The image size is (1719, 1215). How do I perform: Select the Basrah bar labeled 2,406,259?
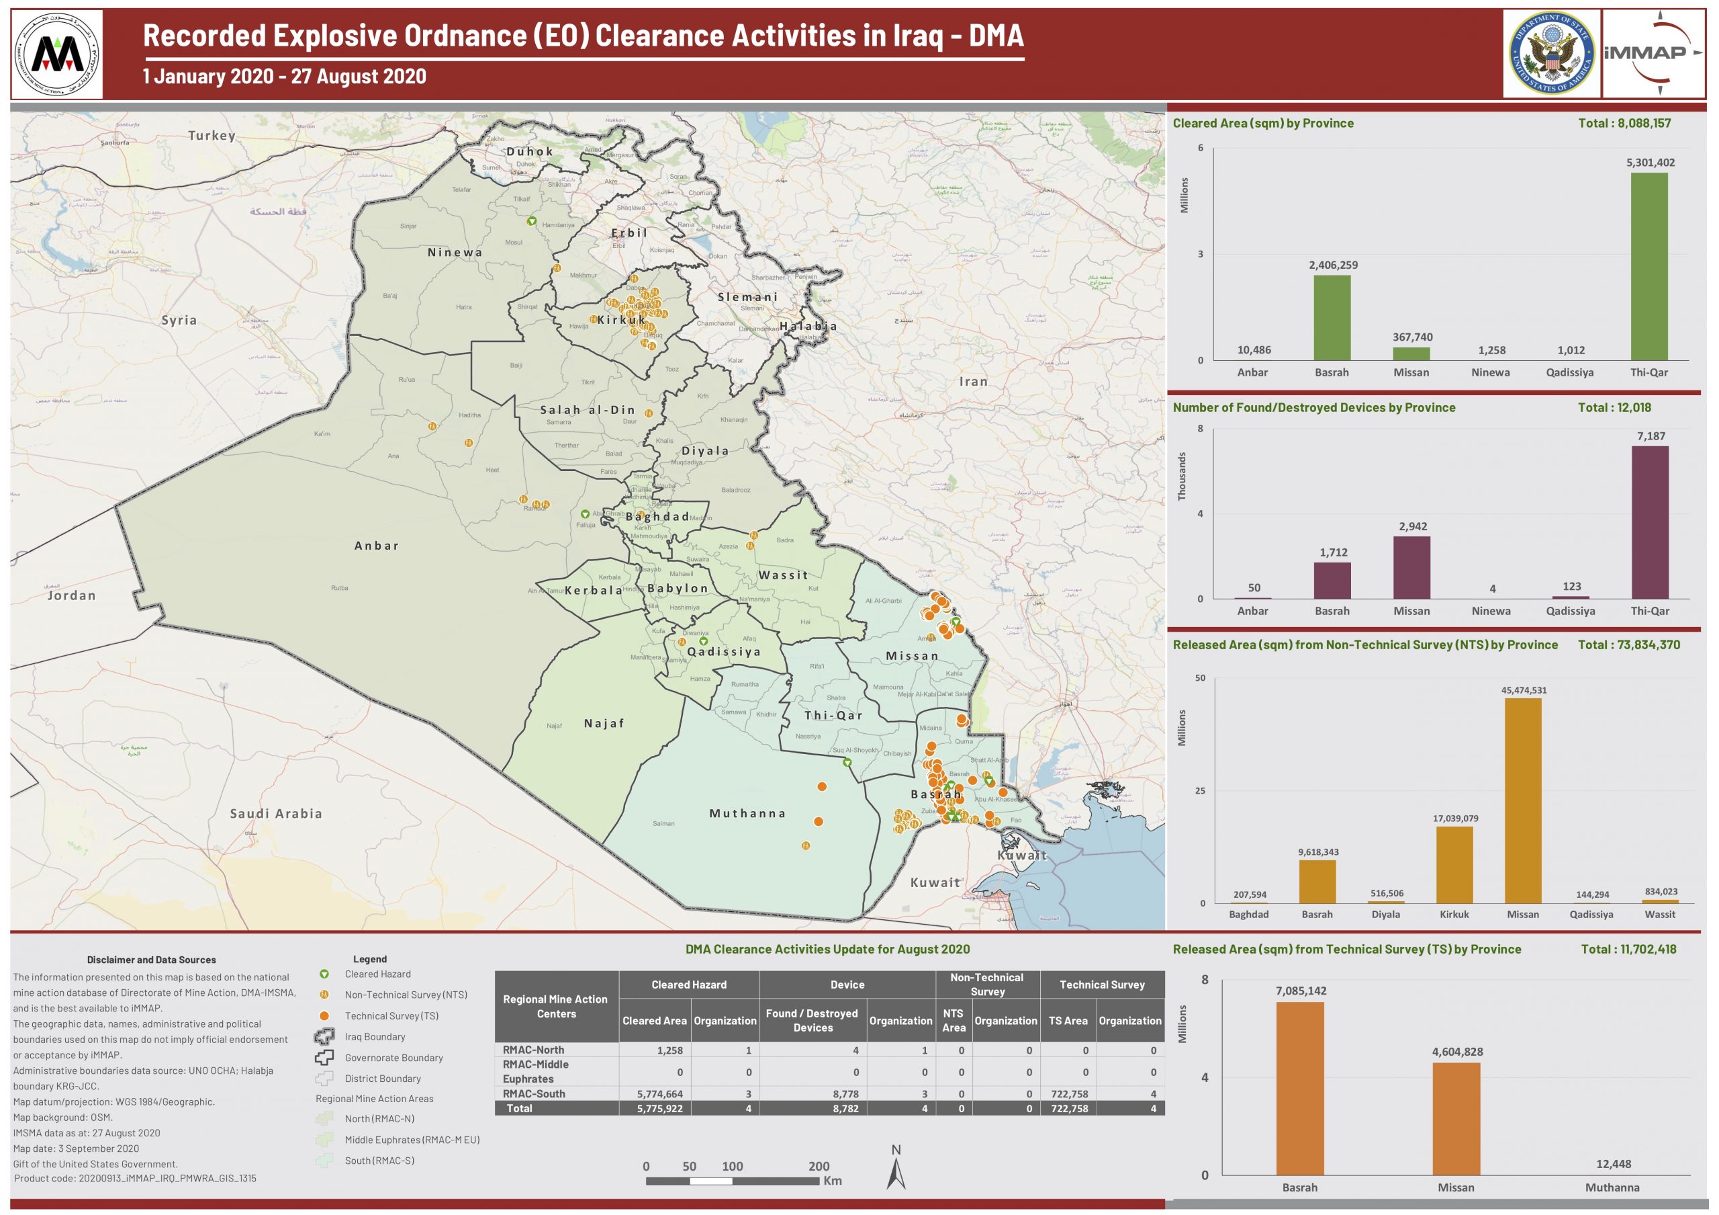[1332, 318]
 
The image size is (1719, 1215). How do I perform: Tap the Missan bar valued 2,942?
[1411, 567]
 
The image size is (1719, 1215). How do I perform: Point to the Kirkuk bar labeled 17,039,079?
[1454, 864]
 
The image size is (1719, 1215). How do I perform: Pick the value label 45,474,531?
[1523, 690]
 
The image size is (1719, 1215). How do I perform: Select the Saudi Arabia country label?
[275, 814]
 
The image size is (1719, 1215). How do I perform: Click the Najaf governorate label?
[604, 723]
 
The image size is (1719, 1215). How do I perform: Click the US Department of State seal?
[1551, 52]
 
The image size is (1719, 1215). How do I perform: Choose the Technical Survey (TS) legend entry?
[391, 1015]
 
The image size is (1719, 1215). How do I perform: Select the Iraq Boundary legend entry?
[374, 1037]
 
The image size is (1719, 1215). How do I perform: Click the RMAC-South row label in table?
[533, 1093]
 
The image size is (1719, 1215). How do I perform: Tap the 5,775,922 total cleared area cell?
[659, 1108]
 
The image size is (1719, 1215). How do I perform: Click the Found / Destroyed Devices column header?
[812, 1020]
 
